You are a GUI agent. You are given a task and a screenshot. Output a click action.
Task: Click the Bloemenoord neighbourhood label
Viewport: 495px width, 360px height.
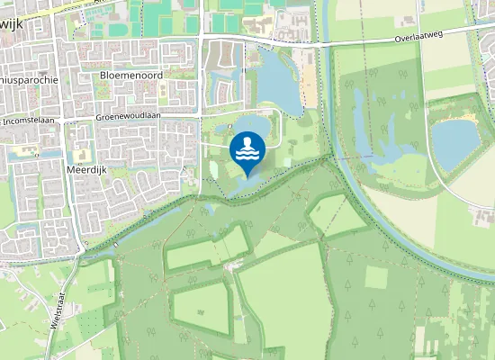coord(131,76)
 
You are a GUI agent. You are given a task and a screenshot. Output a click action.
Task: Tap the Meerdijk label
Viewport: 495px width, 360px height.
coord(87,168)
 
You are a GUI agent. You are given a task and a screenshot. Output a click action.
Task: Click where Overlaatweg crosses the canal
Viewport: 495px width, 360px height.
coord(326,43)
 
